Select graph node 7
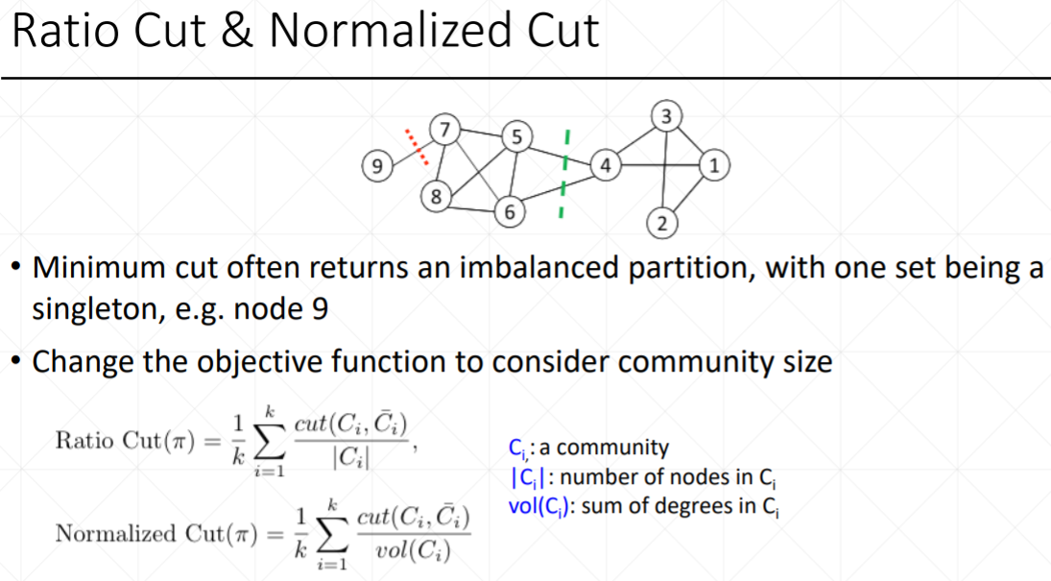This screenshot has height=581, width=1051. pyautogui.click(x=443, y=128)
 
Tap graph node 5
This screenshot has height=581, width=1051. pyautogui.click(x=516, y=136)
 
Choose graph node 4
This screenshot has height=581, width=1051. pyautogui.click(x=605, y=165)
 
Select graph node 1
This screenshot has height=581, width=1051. pyautogui.click(x=712, y=165)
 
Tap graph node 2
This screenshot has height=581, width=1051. pyautogui.click(x=661, y=225)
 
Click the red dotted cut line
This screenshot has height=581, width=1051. pyautogui.click(x=415, y=148)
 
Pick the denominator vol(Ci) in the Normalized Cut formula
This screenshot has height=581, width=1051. pyautogui.click(x=415, y=551)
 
